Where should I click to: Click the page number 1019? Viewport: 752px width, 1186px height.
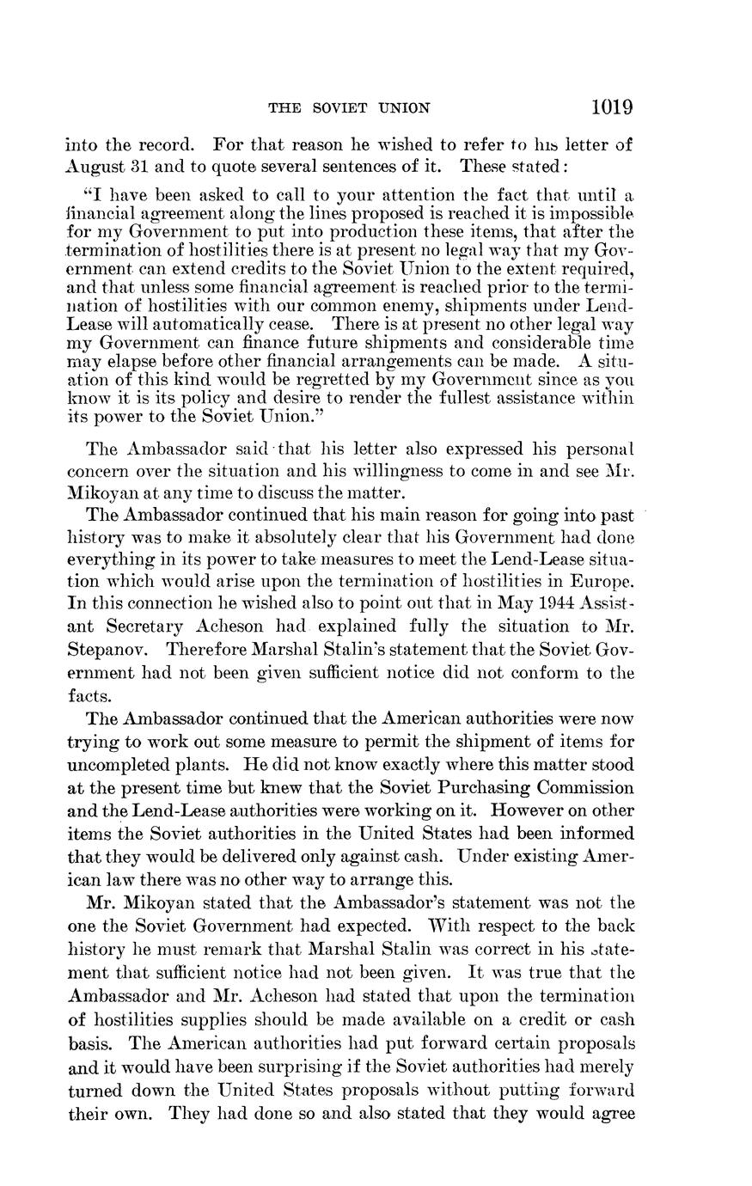pos(612,107)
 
